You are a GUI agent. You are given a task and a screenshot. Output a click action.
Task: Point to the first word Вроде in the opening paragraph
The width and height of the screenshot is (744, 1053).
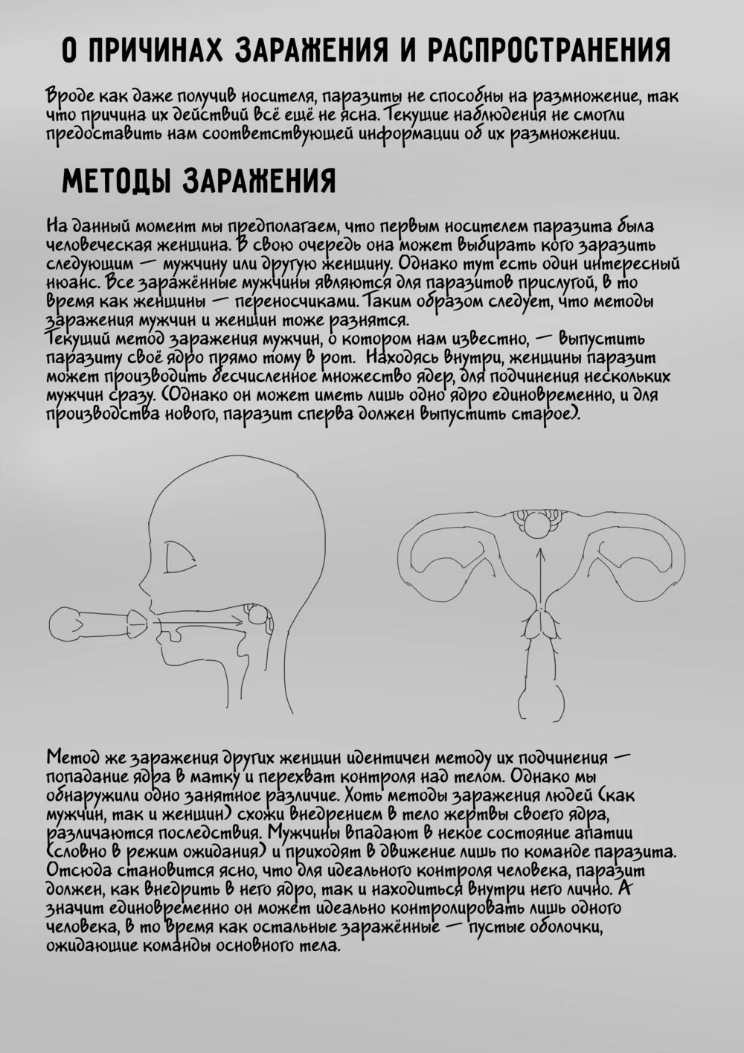pos(71,97)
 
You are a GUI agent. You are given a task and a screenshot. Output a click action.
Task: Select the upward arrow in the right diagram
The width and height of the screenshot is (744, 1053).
pos(541,580)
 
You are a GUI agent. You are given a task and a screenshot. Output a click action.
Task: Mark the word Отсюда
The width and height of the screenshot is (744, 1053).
pos(75,869)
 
